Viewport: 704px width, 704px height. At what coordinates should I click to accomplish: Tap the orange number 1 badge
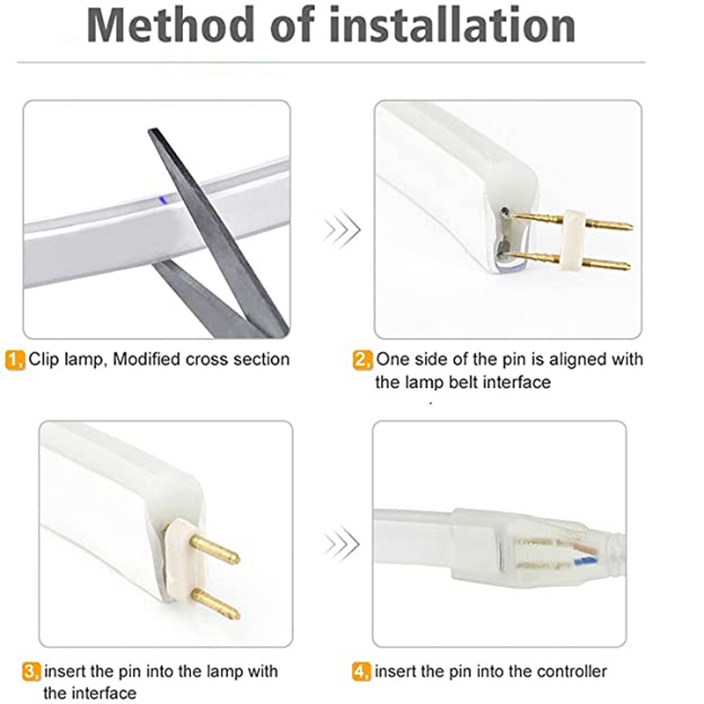tap(15, 361)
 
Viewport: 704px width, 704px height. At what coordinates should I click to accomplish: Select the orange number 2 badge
tap(363, 360)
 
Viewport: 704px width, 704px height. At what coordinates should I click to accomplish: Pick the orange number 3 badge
tap(32, 671)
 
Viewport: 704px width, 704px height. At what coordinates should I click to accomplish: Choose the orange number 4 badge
tap(362, 671)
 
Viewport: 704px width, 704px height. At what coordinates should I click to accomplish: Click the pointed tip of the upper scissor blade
tap(150, 130)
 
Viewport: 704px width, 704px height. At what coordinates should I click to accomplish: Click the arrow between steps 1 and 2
tap(342, 229)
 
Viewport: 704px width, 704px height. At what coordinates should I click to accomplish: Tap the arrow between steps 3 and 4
tap(342, 544)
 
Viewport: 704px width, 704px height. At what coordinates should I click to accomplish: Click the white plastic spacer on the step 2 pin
tap(575, 240)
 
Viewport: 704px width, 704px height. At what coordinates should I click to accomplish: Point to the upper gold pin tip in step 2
tap(630, 226)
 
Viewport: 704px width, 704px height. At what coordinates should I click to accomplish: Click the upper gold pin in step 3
tap(215, 549)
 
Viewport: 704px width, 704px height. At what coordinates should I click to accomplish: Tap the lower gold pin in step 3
tap(216, 604)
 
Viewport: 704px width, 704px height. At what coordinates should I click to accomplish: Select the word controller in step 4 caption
tap(571, 671)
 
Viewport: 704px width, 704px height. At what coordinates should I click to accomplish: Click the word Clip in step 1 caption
tap(43, 360)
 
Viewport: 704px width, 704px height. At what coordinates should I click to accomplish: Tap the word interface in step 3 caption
tap(104, 693)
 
